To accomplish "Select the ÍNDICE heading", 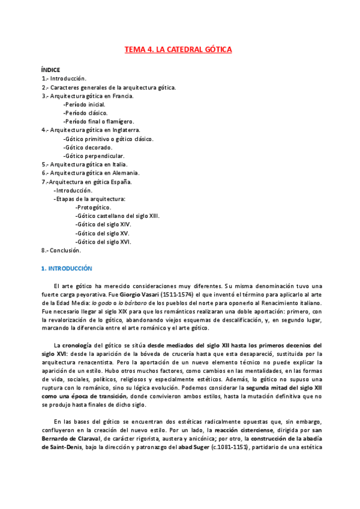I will [50, 70].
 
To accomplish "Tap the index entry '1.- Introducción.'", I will [64, 79].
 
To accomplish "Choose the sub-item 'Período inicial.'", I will [84, 104].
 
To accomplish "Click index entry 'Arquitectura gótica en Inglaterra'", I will [91, 130].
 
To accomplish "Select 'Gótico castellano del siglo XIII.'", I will [118, 215].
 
